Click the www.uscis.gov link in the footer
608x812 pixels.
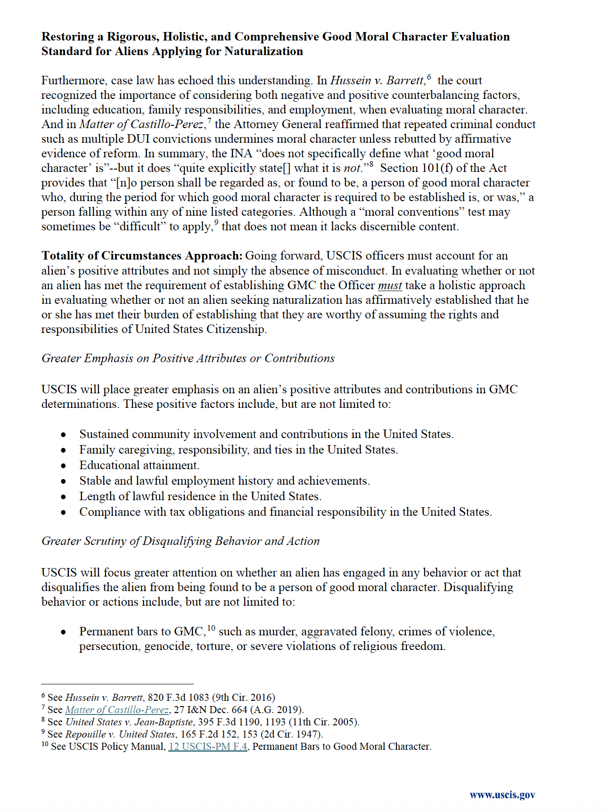[x=502, y=795]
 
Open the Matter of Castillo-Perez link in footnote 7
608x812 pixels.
[x=116, y=710]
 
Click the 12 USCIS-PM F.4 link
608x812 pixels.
[x=208, y=747]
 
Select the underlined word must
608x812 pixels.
[x=390, y=285]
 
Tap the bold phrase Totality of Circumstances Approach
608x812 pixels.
[x=142, y=256]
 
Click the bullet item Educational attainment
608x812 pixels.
[x=139, y=465]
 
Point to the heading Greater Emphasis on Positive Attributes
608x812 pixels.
[x=188, y=358]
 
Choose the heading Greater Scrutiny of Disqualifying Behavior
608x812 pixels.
[x=180, y=541]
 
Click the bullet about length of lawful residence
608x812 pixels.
[x=200, y=496]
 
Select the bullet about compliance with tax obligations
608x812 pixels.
[x=285, y=512]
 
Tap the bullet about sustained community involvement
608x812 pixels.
[x=266, y=434]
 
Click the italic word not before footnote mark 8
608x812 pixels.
[x=352, y=169]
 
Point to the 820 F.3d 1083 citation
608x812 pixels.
[x=178, y=698]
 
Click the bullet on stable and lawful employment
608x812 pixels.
[x=224, y=481]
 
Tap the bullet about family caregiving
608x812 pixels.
[x=238, y=450]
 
